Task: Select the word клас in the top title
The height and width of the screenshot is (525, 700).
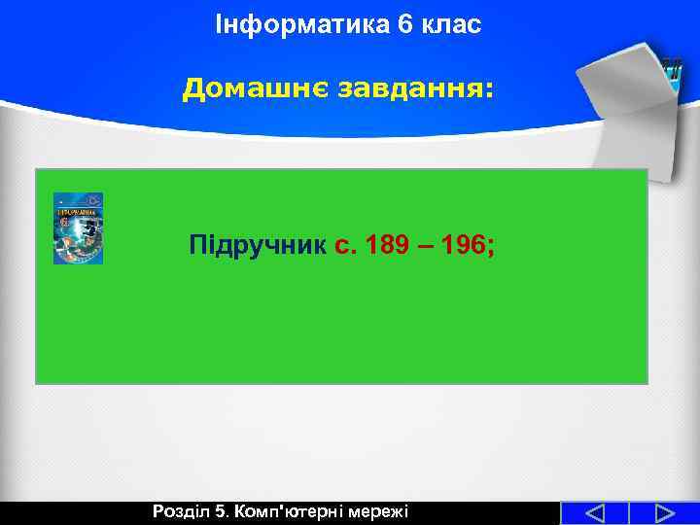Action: pyautogui.click(x=450, y=25)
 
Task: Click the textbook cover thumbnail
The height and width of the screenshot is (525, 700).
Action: pyautogui.click(x=78, y=228)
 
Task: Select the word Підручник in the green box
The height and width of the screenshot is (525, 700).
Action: pyautogui.click(x=257, y=246)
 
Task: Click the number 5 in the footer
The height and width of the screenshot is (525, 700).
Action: pyautogui.click(x=221, y=511)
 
